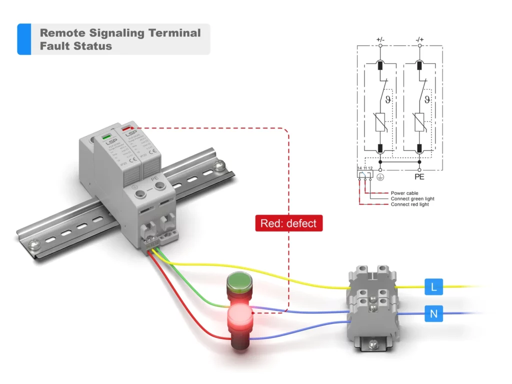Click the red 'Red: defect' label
(x=288, y=223)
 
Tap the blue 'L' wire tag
(x=433, y=287)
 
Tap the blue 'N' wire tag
(x=433, y=314)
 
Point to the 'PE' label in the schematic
(x=419, y=177)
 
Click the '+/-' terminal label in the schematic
(x=380, y=38)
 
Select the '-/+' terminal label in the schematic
(x=419, y=38)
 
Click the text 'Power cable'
(x=404, y=193)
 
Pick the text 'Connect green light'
(x=412, y=198)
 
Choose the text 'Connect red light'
(x=409, y=204)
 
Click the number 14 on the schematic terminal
(x=359, y=168)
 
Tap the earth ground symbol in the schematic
(x=380, y=177)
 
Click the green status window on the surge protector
(x=106, y=136)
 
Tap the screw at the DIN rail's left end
(x=33, y=244)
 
